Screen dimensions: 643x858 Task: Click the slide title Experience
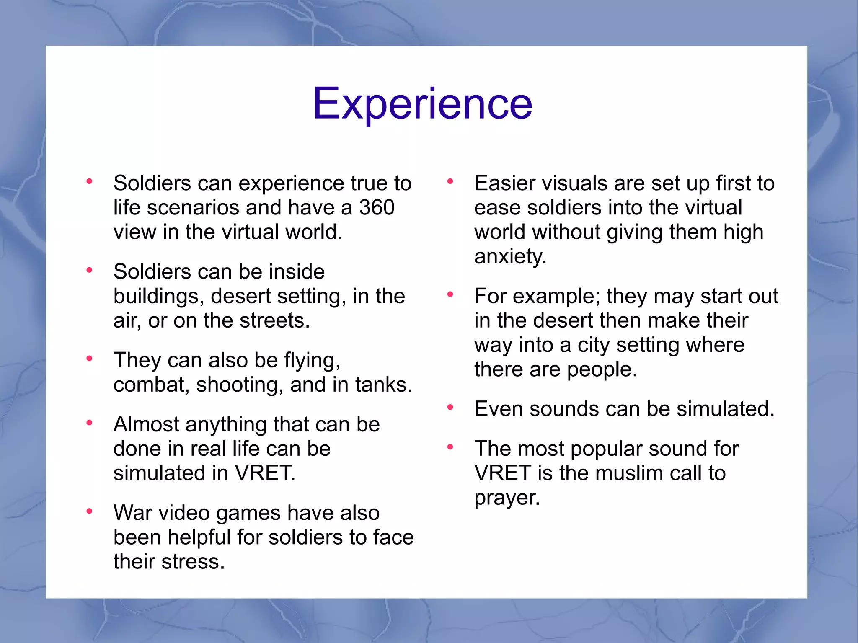click(x=422, y=103)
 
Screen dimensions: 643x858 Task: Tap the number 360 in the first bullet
click(x=377, y=208)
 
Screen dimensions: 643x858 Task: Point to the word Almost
click(x=146, y=424)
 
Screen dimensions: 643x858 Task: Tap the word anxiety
click(x=510, y=256)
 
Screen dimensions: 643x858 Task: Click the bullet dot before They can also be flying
click(x=89, y=359)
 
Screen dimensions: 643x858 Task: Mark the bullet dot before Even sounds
click(x=450, y=407)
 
